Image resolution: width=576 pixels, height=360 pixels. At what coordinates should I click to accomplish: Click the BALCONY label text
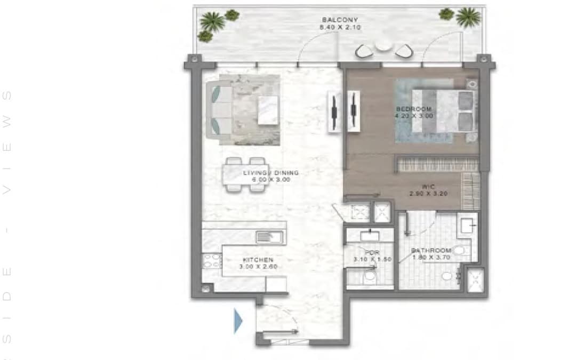[x=332, y=20]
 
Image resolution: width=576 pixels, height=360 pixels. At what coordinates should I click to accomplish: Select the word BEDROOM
[x=413, y=109]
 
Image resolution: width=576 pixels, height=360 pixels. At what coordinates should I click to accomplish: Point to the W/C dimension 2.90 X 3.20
[x=428, y=193]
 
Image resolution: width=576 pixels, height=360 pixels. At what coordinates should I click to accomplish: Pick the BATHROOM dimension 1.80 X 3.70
[x=431, y=257]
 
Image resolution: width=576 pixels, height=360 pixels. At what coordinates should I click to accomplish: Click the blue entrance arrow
[x=238, y=322]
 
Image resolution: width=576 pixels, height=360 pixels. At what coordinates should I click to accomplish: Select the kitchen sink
[x=265, y=236]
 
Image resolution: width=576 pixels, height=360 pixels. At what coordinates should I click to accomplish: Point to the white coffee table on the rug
[x=268, y=110]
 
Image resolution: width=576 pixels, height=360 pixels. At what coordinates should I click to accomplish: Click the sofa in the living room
[x=219, y=109]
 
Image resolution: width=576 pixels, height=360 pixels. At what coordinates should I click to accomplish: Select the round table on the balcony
[x=383, y=46]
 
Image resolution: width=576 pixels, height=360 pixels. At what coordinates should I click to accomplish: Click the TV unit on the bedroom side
[x=353, y=109]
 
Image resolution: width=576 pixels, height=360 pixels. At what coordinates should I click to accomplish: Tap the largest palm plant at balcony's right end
[x=469, y=17]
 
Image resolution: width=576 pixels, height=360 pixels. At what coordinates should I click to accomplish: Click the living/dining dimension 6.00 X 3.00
[x=271, y=180]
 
